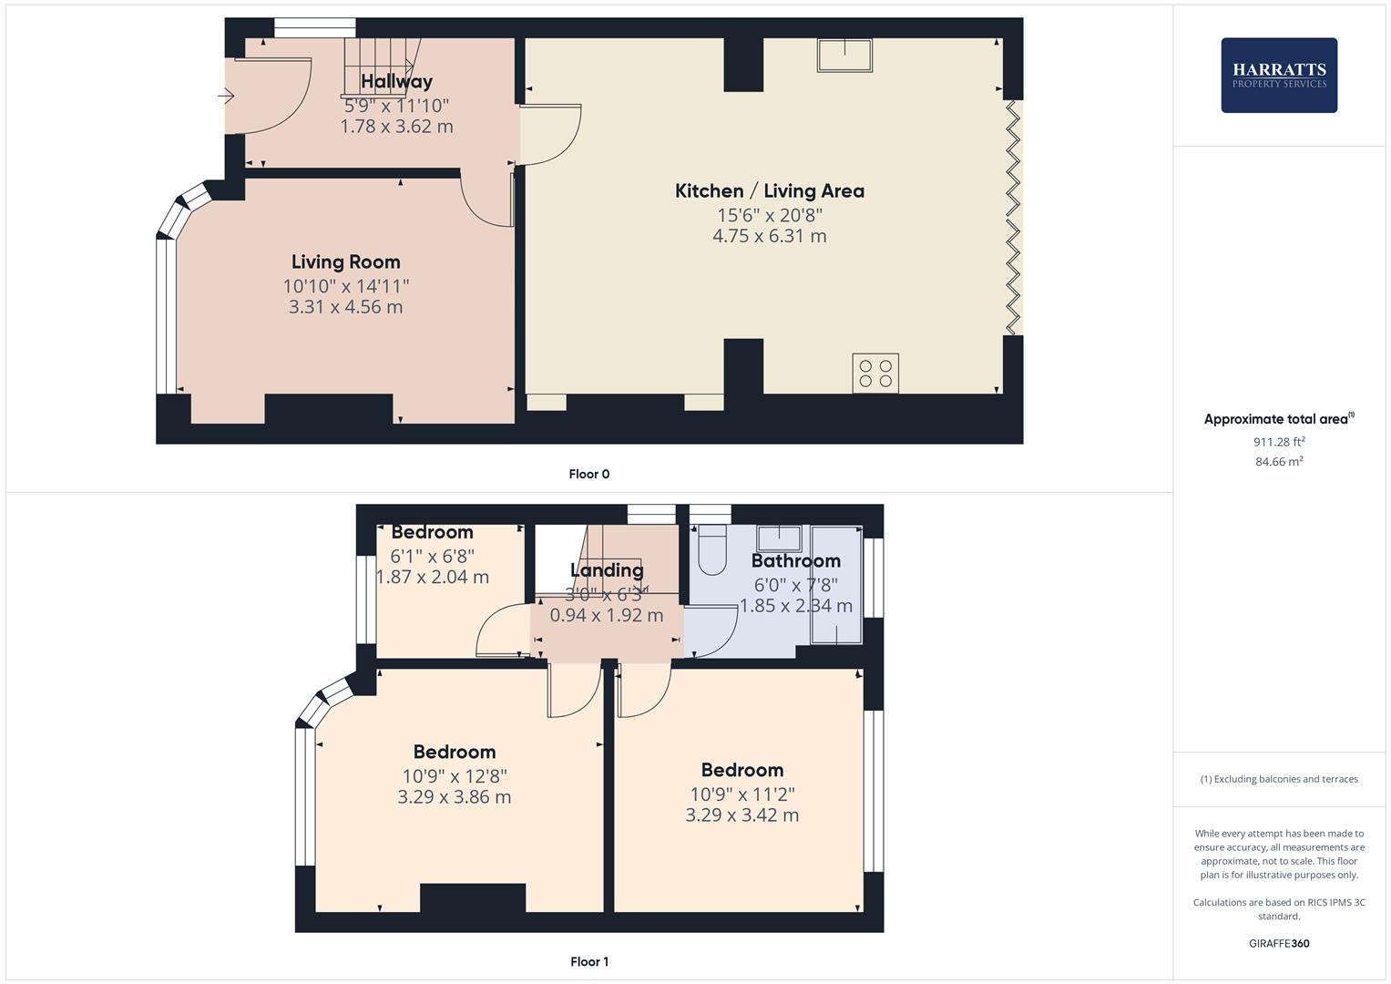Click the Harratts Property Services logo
pos(1279,76)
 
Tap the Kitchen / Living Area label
pos(769,191)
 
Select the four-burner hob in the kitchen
pos(875,374)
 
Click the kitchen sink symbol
pos(844,55)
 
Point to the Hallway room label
pos(396,82)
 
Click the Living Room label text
pos(345,262)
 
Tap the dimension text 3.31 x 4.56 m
pos(345,307)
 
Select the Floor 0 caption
pos(588,474)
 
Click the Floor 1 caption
pos(588,961)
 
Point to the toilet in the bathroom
pos(711,551)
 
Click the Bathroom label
pos(795,561)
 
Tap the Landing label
pos(607,570)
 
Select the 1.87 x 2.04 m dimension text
pos(433,577)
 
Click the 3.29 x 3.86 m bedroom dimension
pos(454,797)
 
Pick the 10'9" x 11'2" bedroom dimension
pos(742,794)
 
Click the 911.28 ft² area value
pos(1278,442)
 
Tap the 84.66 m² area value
pos(1278,462)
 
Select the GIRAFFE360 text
pos(1278,943)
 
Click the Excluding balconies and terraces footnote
pos(1279,779)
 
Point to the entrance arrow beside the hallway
pos(227,95)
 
